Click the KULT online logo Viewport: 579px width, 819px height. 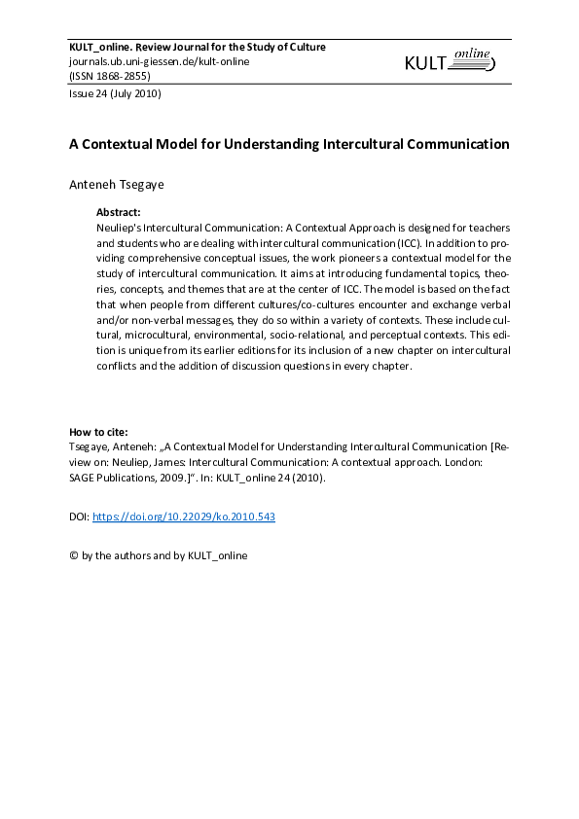click(x=450, y=62)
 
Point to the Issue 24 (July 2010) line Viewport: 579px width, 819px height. click(x=114, y=94)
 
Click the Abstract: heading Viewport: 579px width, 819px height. click(x=119, y=211)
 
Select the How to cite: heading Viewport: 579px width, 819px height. click(x=98, y=432)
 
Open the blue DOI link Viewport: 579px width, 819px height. click(x=183, y=517)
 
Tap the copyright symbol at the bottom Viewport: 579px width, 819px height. click(x=73, y=555)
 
